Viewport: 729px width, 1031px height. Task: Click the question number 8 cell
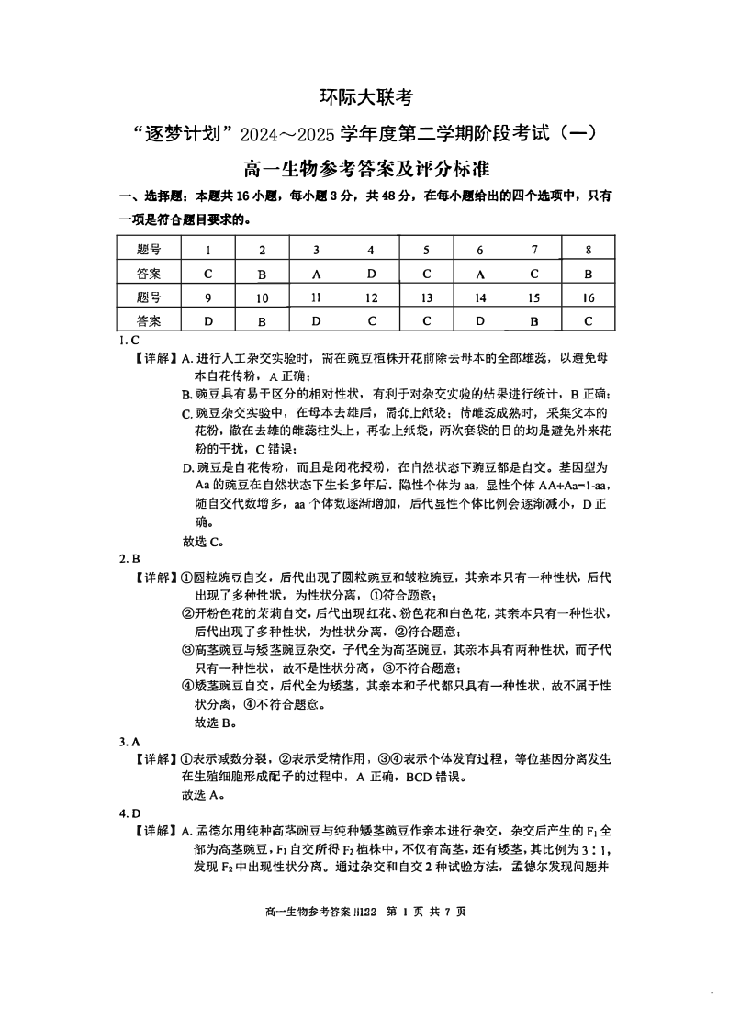pyautogui.click(x=588, y=250)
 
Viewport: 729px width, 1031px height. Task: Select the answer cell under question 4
pyautogui.click(x=371, y=274)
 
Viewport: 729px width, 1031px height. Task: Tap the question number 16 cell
pyautogui.click(x=588, y=297)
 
